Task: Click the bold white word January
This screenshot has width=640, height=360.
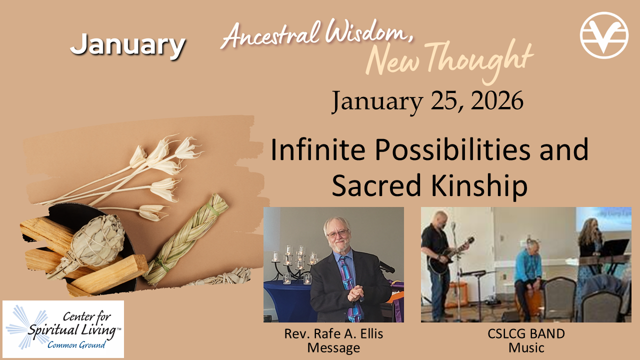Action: pos(127,45)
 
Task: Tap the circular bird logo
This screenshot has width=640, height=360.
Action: pos(604,35)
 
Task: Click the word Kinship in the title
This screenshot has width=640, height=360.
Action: pos(479,185)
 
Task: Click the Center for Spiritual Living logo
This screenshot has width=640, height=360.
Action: pos(63,329)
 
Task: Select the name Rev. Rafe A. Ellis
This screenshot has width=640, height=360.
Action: pos(333,333)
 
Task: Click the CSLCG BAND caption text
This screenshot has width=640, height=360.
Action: pos(526,333)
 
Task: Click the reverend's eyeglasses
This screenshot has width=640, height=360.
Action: pos(338,233)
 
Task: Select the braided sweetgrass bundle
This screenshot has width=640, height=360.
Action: pos(185,239)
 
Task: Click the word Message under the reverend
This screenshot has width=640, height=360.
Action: pos(333,348)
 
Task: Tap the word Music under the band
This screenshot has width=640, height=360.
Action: pos(526,348)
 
